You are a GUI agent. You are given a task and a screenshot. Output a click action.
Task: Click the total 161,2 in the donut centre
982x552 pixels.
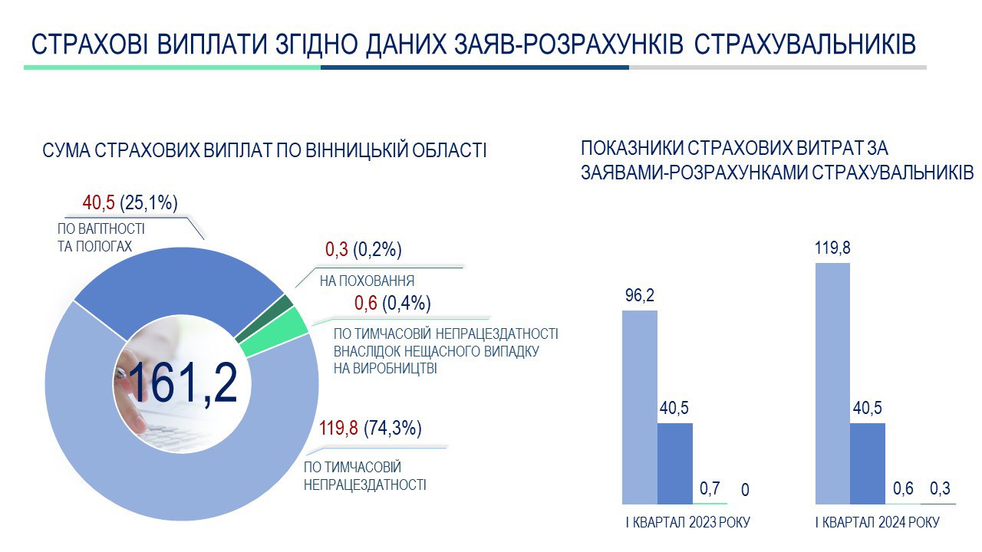pos(183,382)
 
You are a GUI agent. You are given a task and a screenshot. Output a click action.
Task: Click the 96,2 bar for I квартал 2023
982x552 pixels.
pos(640,407)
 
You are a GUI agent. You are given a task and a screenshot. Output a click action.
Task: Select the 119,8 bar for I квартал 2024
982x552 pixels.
pos(832,384)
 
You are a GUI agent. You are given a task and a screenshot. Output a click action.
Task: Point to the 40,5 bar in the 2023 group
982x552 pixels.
pos(674,464)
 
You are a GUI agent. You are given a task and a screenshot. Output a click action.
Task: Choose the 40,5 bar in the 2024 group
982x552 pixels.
pos(868,464)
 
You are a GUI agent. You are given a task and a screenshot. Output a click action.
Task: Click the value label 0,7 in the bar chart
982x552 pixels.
pos(710,488)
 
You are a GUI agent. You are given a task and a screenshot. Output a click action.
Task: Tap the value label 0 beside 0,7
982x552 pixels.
pos(745,489)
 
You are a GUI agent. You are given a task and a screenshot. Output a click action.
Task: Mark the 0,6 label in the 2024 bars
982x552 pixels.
pos(903,488)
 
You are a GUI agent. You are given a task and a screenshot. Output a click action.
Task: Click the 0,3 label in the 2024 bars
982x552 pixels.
pos(940,488)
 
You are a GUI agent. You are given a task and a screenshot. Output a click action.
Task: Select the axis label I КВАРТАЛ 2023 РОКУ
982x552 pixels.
pos(688,522)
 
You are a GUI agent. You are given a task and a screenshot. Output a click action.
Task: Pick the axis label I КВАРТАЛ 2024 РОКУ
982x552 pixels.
pos(877,522)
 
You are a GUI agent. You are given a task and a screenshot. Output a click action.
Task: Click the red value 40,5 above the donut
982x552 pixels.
pos(99,203)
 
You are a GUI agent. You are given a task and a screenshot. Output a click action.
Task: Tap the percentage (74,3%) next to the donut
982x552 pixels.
pos(393,428)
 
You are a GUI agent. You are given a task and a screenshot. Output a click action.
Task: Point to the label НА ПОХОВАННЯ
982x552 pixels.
pos(367,281)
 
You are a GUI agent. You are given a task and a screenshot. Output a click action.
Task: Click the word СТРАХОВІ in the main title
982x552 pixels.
pos(90,44)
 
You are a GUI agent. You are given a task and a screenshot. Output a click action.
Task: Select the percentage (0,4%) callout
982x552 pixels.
pos(407,303)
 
